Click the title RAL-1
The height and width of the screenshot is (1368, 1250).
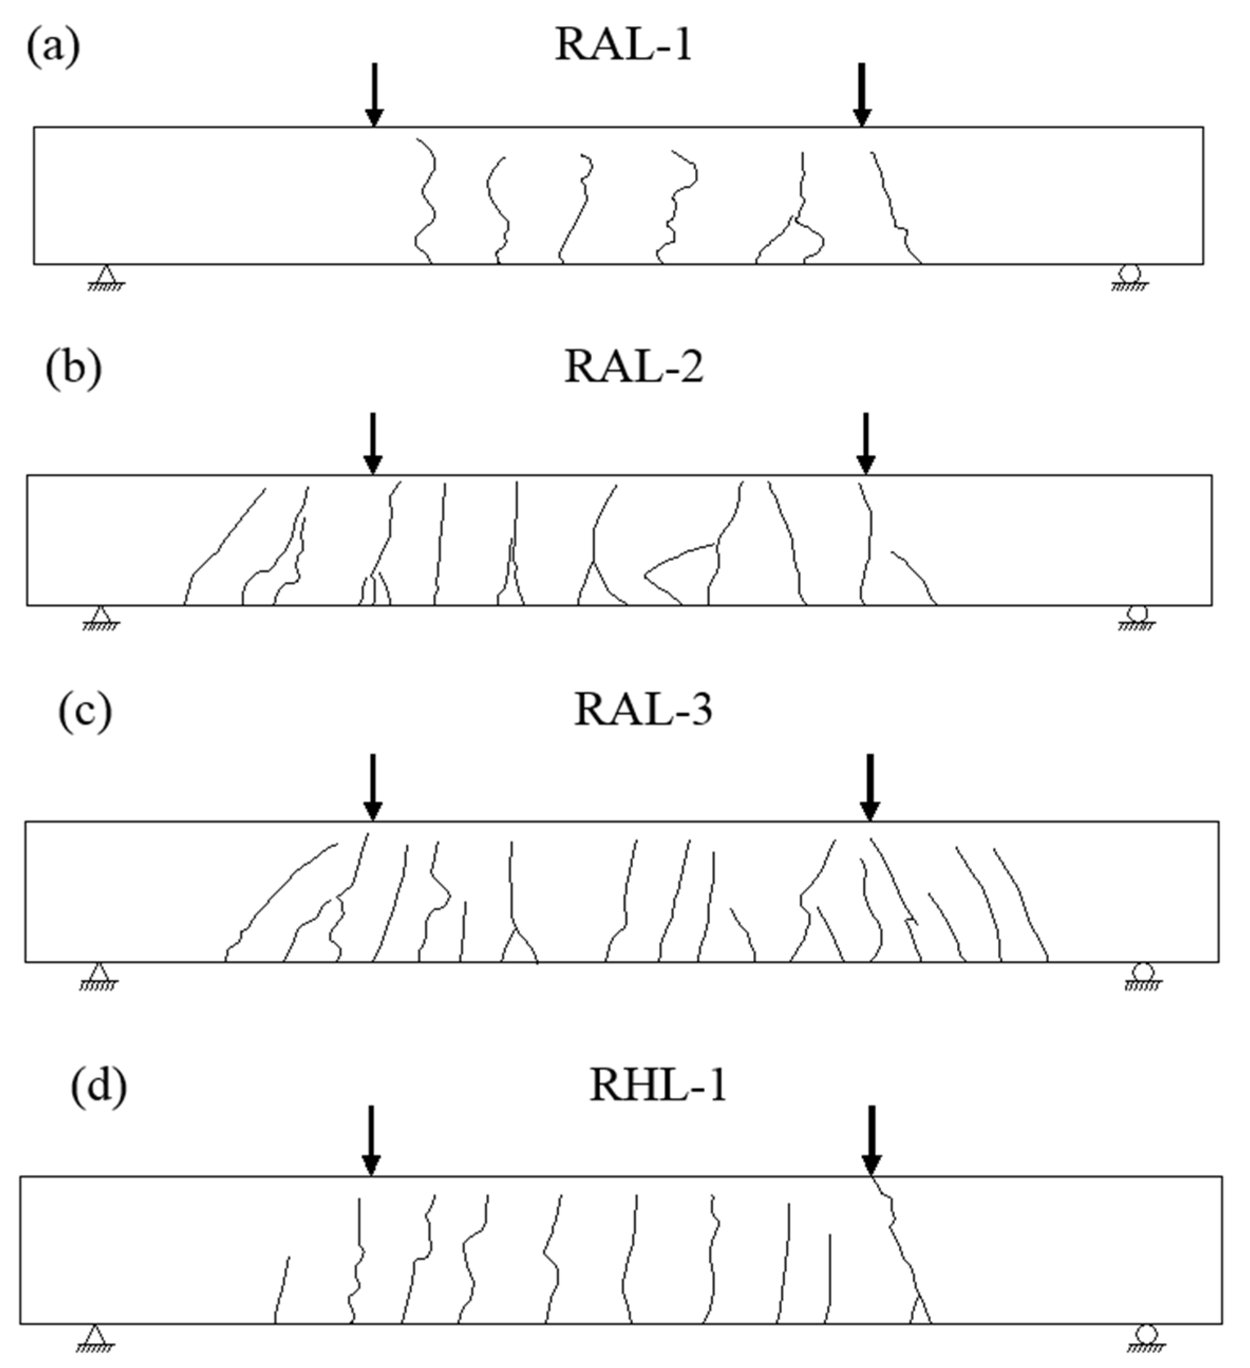tap(623, 46)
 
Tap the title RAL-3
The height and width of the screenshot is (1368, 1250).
tap(642, 711)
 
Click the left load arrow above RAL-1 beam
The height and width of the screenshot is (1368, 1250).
tap(374, 95)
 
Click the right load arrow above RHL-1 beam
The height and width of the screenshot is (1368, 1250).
tap(872, 1139)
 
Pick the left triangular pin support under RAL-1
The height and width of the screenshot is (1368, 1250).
tap(105, 277)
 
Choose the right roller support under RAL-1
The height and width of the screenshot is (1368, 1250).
tap(1130, 277)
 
